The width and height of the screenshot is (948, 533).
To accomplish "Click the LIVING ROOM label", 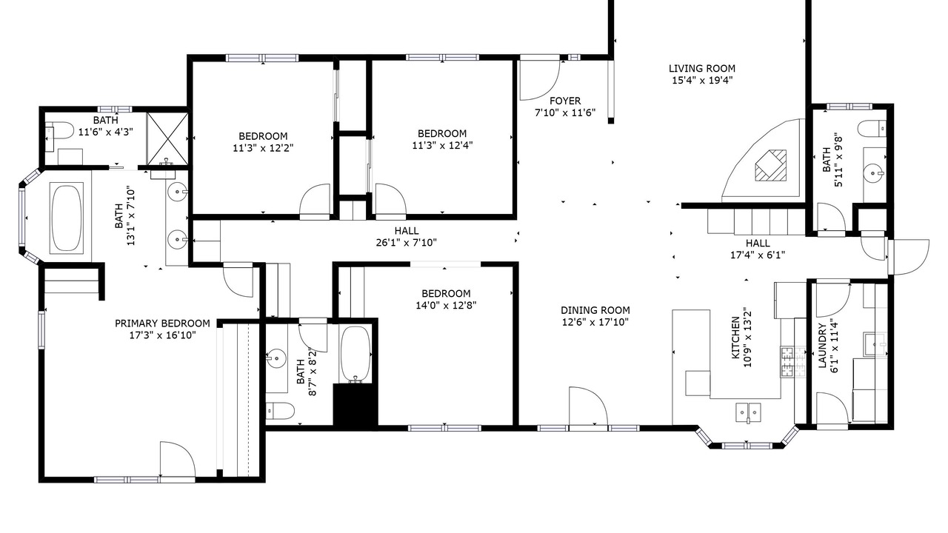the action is (701, 69).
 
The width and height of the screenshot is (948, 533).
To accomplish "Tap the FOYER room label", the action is (565, 101).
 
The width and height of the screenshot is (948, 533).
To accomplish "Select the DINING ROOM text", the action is (595, 310).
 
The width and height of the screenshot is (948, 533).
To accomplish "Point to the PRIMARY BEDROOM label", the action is (162, 324).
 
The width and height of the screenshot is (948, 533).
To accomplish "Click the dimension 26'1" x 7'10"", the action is (407, 243).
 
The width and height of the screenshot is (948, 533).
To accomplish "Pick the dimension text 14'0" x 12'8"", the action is (446, 306).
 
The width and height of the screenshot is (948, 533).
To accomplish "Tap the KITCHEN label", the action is (736, 338).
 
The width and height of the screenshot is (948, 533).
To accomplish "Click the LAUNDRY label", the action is (822, 346).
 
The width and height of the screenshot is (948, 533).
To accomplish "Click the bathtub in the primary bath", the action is (66, 218).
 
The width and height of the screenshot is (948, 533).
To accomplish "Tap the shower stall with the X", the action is (167, 138).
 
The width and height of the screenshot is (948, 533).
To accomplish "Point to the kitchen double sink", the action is (748, 413).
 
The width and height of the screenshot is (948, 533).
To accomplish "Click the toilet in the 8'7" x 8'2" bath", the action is (280, 410).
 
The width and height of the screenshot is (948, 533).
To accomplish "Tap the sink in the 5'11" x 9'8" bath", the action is (874, 173).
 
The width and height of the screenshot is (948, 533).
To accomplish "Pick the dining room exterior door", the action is (588, 407).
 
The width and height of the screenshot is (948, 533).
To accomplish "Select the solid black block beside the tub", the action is (355, 404).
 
